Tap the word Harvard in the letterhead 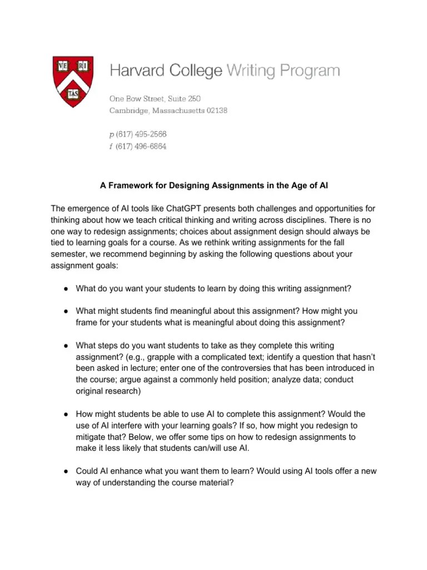pos(135,71)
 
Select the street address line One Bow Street pos(155,99)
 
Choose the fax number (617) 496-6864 pos(141,147)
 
